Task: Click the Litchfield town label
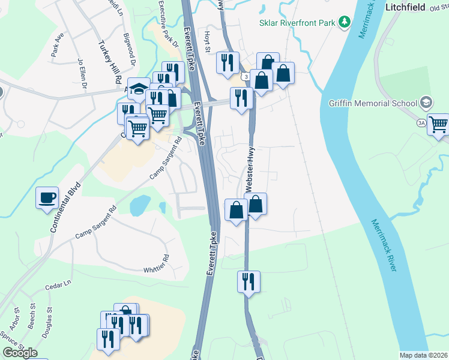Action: (x=406, y=7)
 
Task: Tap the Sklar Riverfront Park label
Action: (x=297, y=23)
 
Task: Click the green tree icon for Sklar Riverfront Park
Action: (x=345, y=23)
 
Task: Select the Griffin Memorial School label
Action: (x=372, y=102)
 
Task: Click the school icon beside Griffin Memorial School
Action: (x=426, y=101)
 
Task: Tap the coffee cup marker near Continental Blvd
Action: (x=47, y=198)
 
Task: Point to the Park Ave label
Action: (x=58, y=45)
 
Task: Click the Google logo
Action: (x=20, y=353)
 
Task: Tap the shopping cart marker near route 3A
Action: (x=439, y=125)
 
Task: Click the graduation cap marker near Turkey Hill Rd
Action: (x=139, y=89)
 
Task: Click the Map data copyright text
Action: (x=423, y=355)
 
